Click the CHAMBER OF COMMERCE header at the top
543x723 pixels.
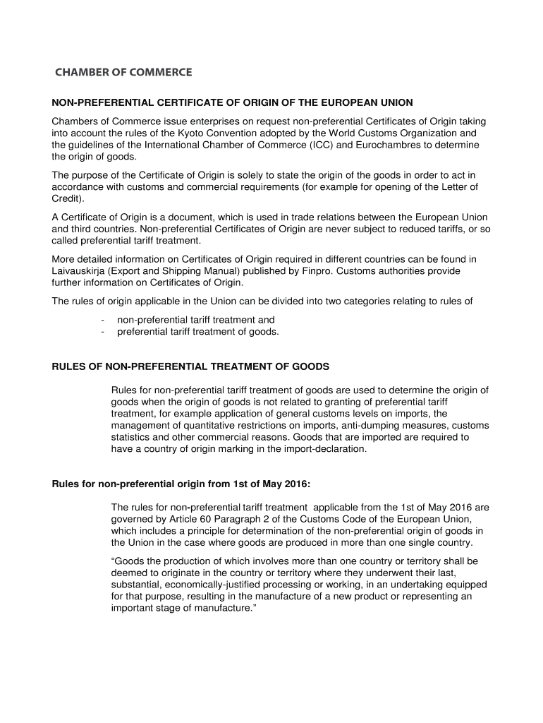pos(123,72)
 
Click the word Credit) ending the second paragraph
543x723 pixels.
pos(68,198)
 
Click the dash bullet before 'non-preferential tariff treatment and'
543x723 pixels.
pos(103,320)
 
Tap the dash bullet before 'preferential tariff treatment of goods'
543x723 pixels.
pos(103,331)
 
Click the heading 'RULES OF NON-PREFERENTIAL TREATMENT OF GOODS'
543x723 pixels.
pos(191,367)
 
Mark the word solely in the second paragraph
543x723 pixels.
pos(224,175)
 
